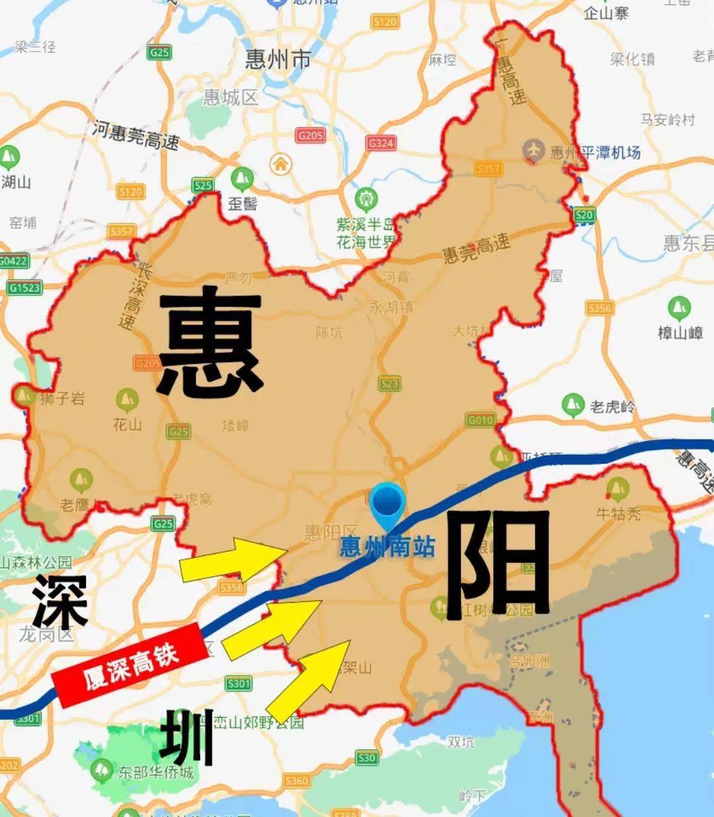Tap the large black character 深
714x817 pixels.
click(x=60, y=602)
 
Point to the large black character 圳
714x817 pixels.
click(x=187, y=737)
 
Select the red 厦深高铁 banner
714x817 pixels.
click(x=126, y=664)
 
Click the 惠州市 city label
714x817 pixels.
click(x=278, y=60)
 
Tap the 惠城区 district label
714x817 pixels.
click(x=230, y=98)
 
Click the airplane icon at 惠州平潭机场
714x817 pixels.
click(x=533, y=150)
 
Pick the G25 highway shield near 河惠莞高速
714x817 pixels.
click(x=159, y=53)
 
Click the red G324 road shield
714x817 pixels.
click(x=381, y=143)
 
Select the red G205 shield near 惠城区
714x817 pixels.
click(x=310, y=136)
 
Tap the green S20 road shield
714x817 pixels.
click(x=584, y=215)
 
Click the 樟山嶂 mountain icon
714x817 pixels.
click(x=679, y=308)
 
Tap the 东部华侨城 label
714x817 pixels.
click(x=156, y=772)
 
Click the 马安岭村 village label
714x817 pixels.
click(x=668, y=120)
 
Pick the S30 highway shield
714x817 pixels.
click(x=367, y=758)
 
